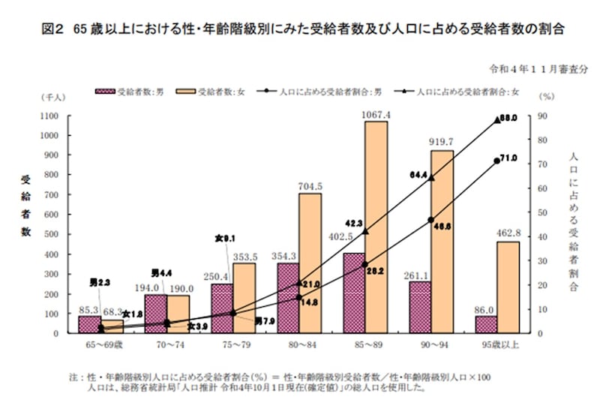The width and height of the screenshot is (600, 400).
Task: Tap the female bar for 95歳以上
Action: pos(507,287)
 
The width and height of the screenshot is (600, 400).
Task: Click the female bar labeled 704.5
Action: pos(310,263)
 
